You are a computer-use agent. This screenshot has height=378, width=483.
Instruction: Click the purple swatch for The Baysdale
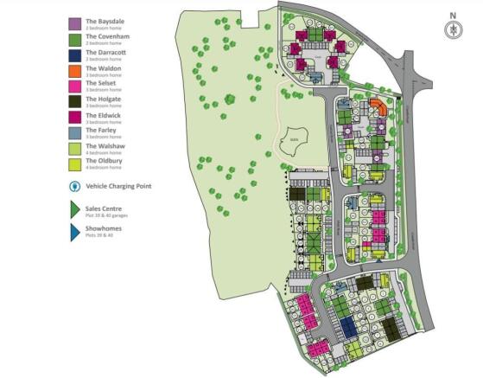tap(74, 23)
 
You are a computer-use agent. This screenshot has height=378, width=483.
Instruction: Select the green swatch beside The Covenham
tap(74, 40)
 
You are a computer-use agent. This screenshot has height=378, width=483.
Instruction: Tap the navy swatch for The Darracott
tap(74, 55)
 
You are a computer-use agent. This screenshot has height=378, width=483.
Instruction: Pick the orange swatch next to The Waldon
tap(74, 70)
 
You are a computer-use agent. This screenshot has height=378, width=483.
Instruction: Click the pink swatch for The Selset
tap(74, 86)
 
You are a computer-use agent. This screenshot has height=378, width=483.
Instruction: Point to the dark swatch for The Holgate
tap(74, 101)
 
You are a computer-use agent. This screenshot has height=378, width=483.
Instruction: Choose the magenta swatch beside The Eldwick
tap(74, 117)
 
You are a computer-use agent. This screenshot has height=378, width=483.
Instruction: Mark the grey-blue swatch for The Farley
tap(74, 132)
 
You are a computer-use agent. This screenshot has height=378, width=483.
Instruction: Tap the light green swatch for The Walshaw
tap(74, 148)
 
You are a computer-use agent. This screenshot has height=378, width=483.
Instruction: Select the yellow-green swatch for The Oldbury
tap(74, 163)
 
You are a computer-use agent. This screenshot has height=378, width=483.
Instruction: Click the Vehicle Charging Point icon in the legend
tap(74, 186)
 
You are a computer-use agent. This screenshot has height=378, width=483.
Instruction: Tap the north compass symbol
tap(449, 29)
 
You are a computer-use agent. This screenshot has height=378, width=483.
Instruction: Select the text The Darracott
tap(104, 53)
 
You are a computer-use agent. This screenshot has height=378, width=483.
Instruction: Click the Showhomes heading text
tap(104, 228)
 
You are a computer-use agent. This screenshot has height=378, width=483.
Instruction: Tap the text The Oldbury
tap(102, 161)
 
